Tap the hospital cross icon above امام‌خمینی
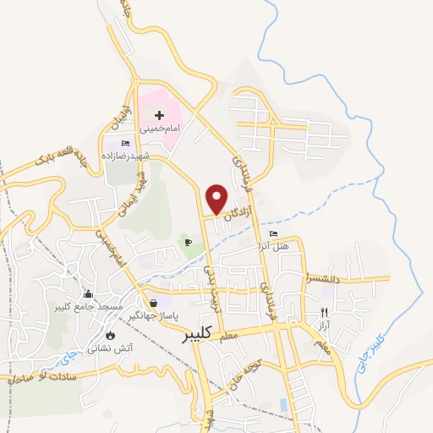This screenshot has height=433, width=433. (158, 114)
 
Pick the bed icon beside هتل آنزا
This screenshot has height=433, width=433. (272, 233)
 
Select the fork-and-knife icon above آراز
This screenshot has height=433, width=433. (324, 311)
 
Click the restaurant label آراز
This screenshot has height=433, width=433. (324, 324)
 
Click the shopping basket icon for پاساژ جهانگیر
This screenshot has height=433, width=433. (154, 302)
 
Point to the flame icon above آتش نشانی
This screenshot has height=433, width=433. (109, 334)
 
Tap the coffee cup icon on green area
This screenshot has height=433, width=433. (188, 244)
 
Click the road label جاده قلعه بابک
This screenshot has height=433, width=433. (71, 152)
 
